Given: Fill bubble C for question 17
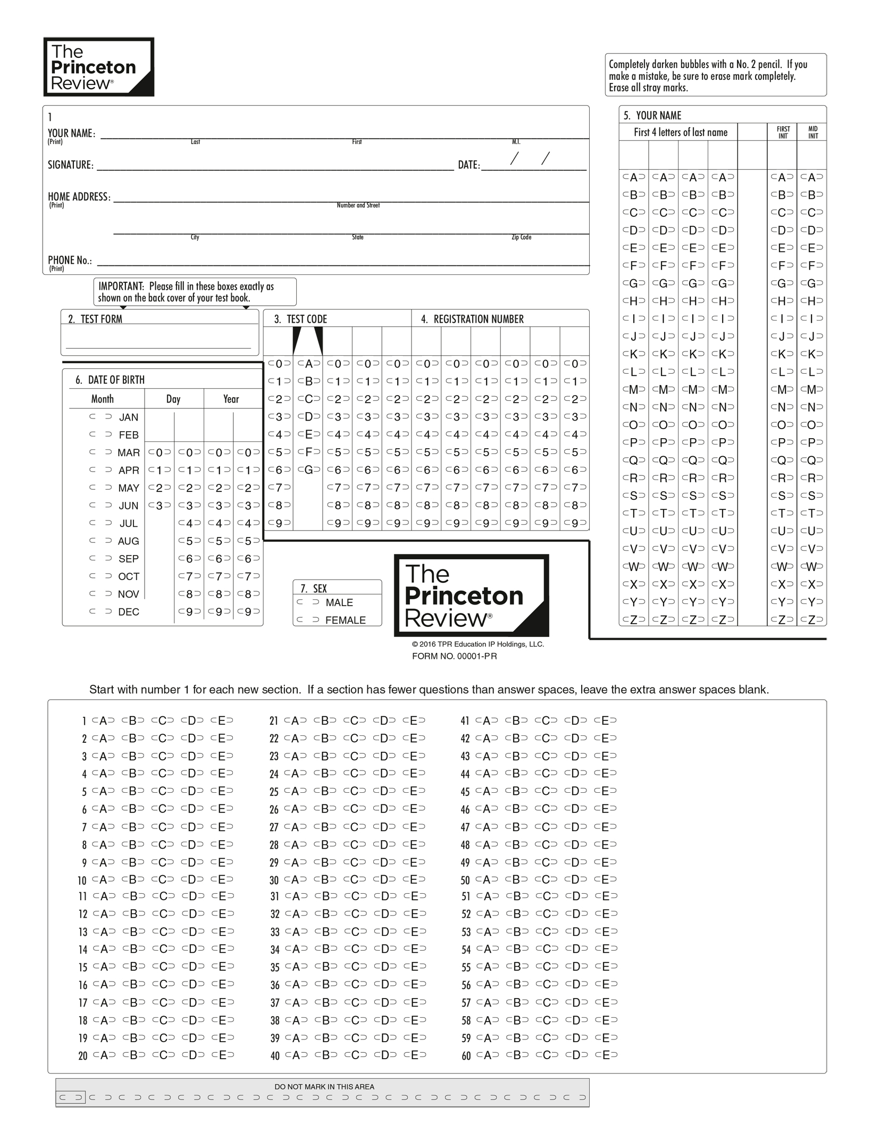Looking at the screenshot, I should click(x=163, y=1002).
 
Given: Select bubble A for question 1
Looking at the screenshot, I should click(x=103, y=720).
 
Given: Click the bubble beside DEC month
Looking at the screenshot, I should click(x=100, y=611).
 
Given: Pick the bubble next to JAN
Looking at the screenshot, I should click(x=100, y=417).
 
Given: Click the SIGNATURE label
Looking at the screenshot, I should click(x=71, y=165).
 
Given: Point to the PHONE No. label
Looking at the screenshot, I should click(x=70, y=260).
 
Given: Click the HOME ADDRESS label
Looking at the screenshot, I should click(x=79, y=197).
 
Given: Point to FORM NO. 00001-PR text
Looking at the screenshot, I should click(x=454, y=656).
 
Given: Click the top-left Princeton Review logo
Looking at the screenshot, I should click(x=99, y=67).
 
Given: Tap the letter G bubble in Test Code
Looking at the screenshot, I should click(x=308, y=469).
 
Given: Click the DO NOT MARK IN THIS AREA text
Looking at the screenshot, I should click(x=324, y=1086).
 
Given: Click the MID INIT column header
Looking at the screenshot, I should click(x=813, y=132).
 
